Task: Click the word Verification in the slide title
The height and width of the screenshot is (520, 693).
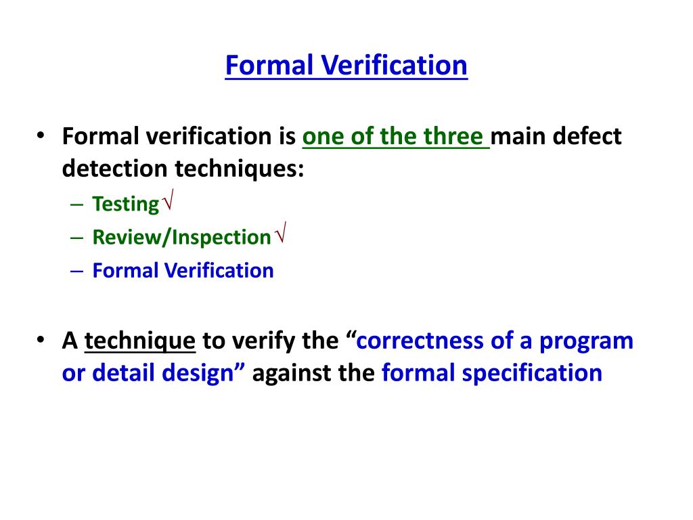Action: pyautogui.click(x=394, y=66)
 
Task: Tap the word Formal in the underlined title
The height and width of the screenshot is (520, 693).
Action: pyautogui.click(x=269, y=66)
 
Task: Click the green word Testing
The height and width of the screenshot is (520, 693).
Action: pyautogui.click(x=125, y=204)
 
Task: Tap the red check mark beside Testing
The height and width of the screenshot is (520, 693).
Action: pyautogui.click(x=168, y=200)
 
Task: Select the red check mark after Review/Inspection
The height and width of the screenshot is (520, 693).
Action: pyautogui.click(x=281, y=232)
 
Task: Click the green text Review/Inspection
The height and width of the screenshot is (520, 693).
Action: pyautogui.click(x=181, y=238)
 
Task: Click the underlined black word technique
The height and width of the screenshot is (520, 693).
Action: pyautogui.click(x=139, y=341)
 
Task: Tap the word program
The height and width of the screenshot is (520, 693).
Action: pyautogui.click(x=586, y=341)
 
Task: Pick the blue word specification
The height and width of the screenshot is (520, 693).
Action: pyautogui.click(x=532, y=374)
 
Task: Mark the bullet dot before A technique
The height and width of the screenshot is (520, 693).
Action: pyautogui.click(x=41, y=340)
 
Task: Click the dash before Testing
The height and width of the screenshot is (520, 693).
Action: pyautogui.click(x=76, y=204)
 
